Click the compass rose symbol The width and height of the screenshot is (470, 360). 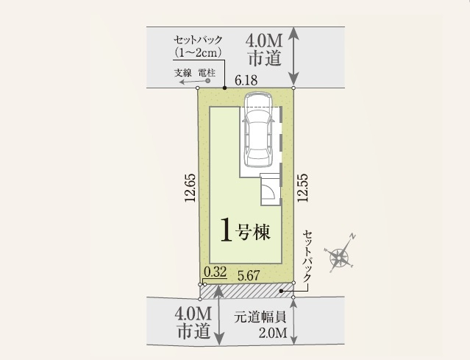click(x=341, y=256)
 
